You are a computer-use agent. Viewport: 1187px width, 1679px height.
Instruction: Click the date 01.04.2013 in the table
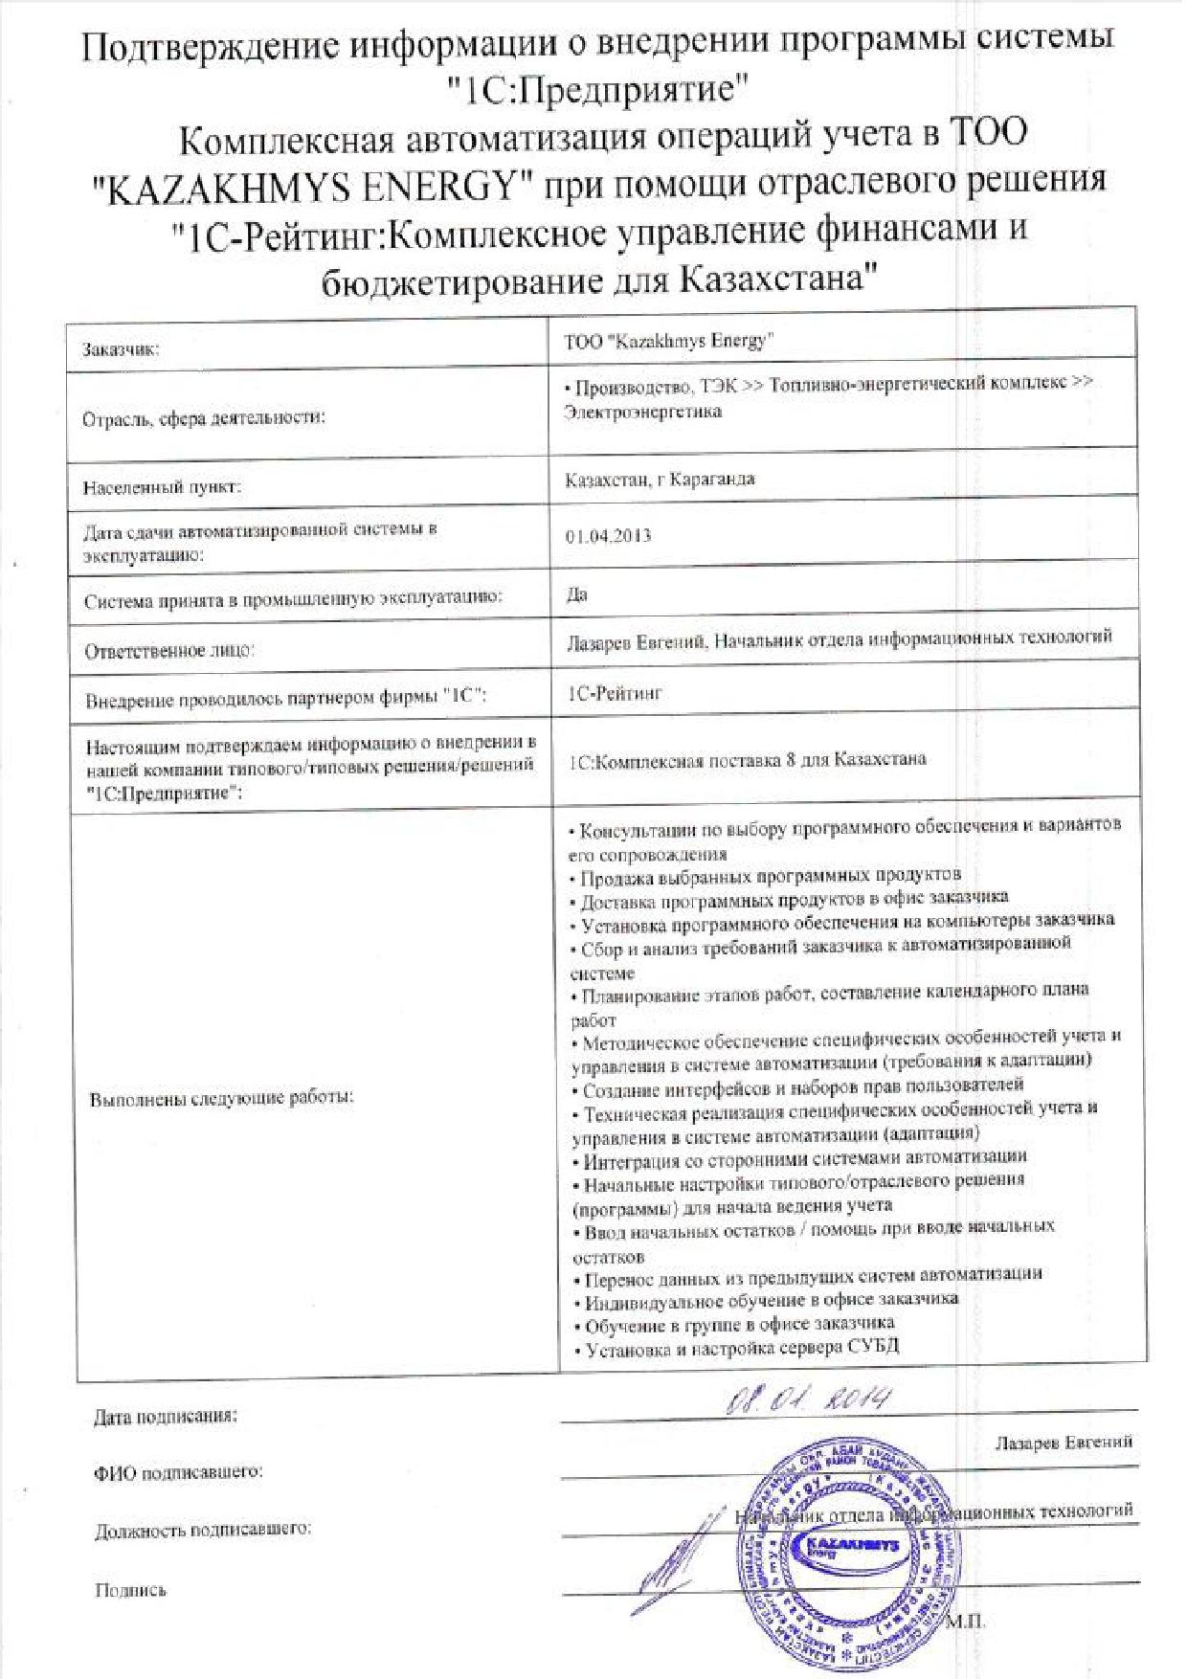[608, 535]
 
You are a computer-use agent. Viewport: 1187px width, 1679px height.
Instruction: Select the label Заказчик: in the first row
[121, 350]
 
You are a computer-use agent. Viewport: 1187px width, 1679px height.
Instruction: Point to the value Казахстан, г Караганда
[660, 479]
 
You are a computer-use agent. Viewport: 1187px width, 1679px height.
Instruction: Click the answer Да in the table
[576, 594]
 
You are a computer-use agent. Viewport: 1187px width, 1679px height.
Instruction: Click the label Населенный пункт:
[161, 487]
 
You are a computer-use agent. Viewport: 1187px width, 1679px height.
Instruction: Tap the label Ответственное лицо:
[169, 651]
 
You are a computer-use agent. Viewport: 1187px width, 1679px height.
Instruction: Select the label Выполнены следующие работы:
[221, 1098]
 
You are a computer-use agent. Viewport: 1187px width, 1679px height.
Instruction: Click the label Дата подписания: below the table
[166, 1416]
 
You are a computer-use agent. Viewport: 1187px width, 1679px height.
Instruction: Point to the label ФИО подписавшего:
[178, 1472]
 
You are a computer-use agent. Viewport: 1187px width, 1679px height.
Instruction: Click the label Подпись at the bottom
[130, 1590]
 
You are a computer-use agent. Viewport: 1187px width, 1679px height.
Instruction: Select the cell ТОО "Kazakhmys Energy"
[669, 341]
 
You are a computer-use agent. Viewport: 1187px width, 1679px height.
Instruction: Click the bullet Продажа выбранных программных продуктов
[767, 876]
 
